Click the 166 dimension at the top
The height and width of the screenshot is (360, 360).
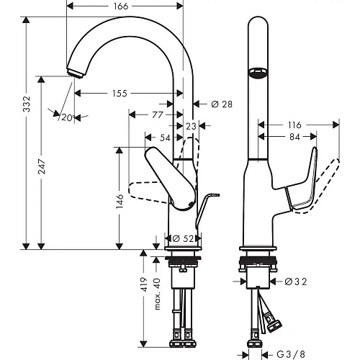tap(120, 7)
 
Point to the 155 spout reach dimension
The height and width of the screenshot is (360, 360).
tap(120, 93)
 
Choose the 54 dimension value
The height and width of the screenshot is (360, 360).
tap(166, 137)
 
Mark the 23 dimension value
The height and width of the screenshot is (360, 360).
tap(190, 125)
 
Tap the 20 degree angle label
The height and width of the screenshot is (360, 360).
tap(67, 117)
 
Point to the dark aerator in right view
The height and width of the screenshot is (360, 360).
tap(256, 72)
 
